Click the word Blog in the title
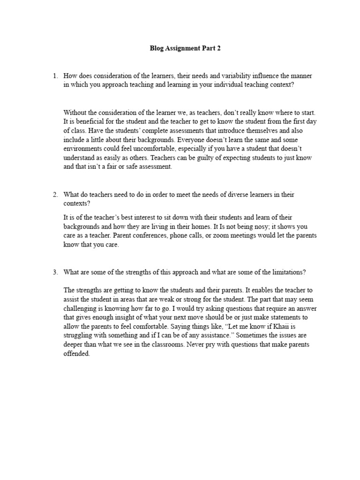pyautogui.click(x=157, y=48)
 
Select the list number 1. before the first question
pyautogui.click(x=55, y=76)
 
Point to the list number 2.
pyautogui.click(x=55, y=195)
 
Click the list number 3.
pyautogui.click(x=55, y=272)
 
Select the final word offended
pyautogui.click(x=76, y=354)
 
